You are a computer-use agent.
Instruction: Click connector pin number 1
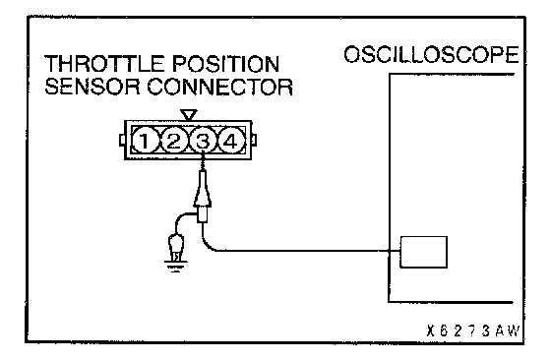tap(145, 142)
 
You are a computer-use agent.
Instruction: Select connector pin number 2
tap(173, 142)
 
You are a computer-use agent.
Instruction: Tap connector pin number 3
tap(203, 142)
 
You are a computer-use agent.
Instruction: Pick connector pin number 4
tap(231, 142)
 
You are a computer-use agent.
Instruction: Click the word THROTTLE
tap(105, 64)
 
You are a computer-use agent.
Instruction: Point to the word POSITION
tap(226, 64)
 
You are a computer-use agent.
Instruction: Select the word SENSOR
tap(92, 87)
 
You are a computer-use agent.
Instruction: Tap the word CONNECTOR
tap(219, 87)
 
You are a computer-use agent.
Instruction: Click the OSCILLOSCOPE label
tap(431, 55)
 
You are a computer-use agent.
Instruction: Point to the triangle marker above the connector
tap(189, 114)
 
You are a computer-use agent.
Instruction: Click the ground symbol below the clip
tap(176, 267)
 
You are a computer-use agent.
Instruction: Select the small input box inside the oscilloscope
tap(424, 252)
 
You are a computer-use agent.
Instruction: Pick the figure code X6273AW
tap(472, 330)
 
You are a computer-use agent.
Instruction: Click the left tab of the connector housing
tap(122, 140)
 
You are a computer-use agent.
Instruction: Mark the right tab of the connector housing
tap(254, 140)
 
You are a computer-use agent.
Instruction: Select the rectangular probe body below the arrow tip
tap(203, 213)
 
